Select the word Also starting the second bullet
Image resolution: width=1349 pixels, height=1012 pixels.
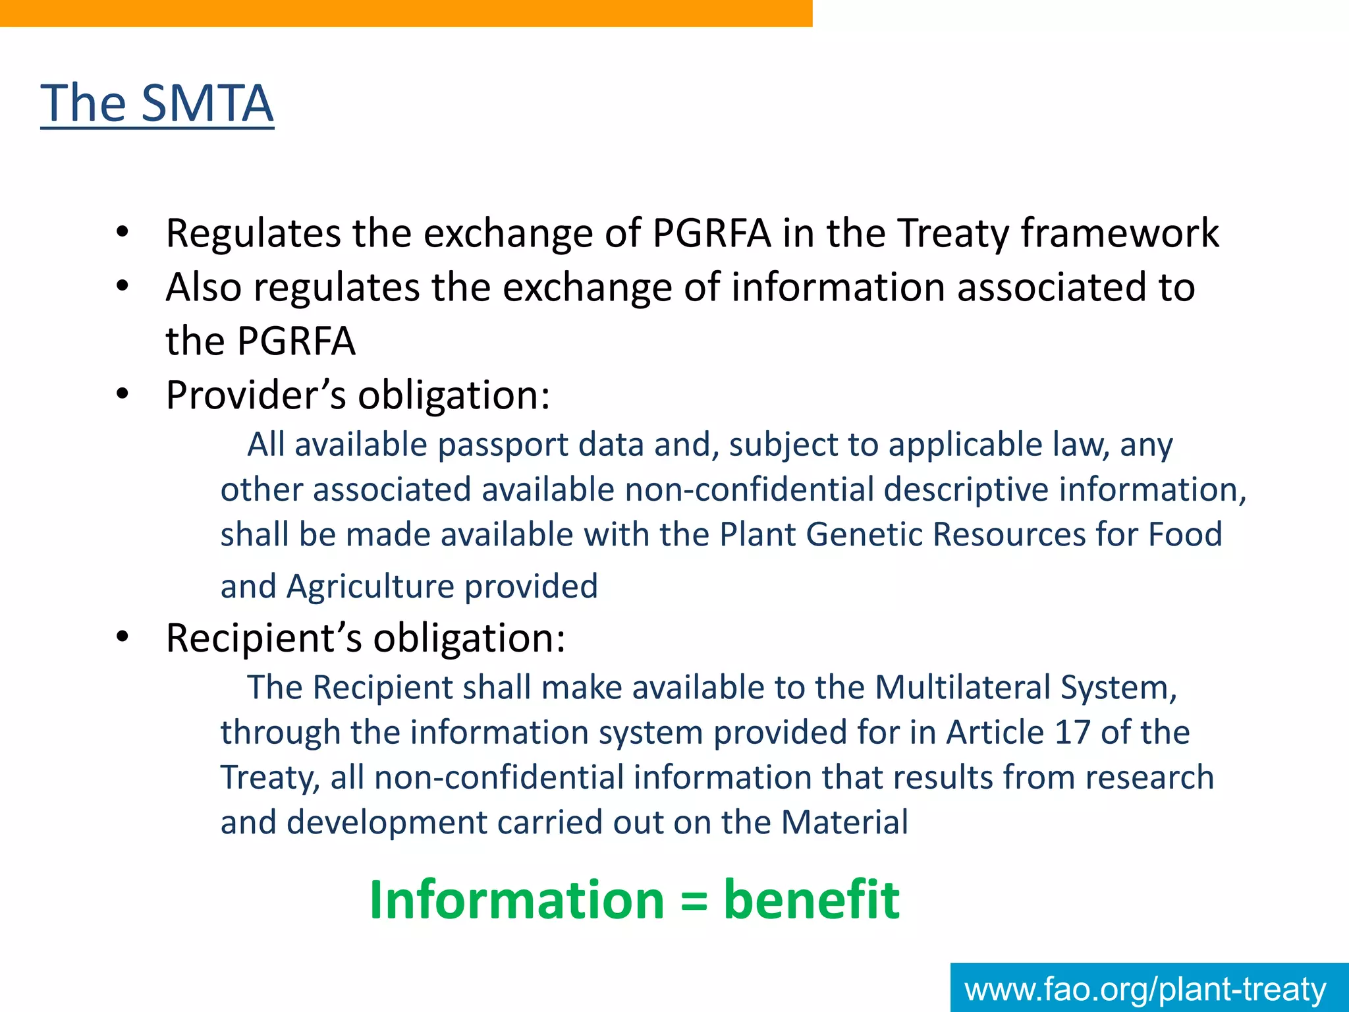pyautogui.click(x=204, y=287)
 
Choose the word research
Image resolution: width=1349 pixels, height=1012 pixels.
pyautogui.click(x=1149, y=777)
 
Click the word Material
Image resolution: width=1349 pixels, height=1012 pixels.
pyautogui.click(x=844, y=822)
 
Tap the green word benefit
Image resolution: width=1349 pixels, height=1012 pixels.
pyautogui.click(x=811, y=900)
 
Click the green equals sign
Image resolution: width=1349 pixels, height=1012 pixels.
pyautogui.click(x=694, y=901)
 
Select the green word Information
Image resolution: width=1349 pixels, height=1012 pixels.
pyautogui.click(x=516, y=900)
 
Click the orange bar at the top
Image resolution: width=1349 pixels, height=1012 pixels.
pyautogui.click(x=406, y=13)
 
